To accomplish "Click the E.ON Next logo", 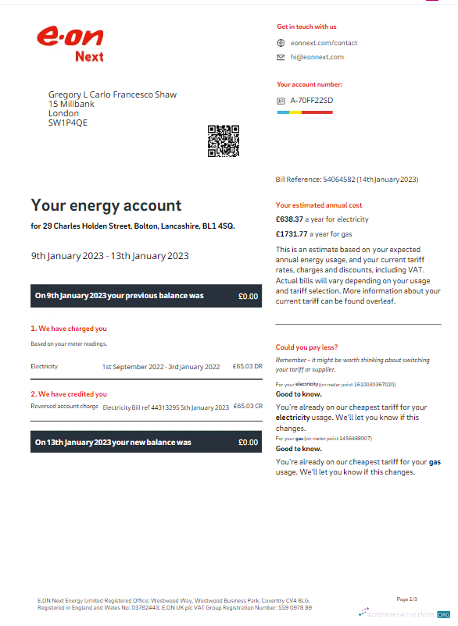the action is (x=70, y=44).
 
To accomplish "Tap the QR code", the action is (x=223, y=140).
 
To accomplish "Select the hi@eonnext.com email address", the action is (x=317, y=57).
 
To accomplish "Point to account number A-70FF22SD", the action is (x=311, y=101).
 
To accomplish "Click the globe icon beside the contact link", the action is (x=281, y=43).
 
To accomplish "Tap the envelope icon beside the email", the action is (x=281, y=57).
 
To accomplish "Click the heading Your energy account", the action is (x=106, y=206).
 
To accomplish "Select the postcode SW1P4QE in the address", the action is (x=68, y=123).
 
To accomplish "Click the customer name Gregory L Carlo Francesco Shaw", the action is (x=113, y=94).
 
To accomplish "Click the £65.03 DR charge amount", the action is (x=247, y=366).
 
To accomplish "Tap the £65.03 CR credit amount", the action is (x=247, y=407).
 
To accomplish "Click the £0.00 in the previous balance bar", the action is (x=248, y=297).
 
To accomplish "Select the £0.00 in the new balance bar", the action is (x=248, y=443).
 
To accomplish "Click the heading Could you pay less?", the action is (x=307, y=347).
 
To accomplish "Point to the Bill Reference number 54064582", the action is (x=338, y=180).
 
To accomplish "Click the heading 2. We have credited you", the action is (x=69, y=394).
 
